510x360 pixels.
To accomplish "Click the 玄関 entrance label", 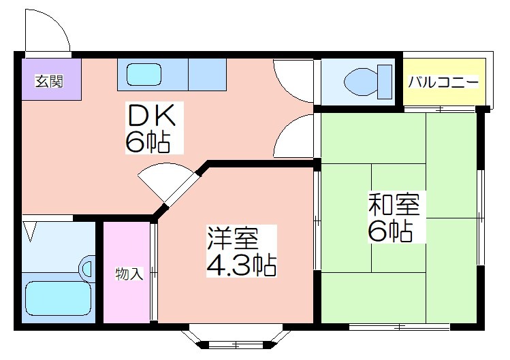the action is click(49, 81).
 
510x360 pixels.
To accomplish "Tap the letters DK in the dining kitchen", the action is click(152, 115).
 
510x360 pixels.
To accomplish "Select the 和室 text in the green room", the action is click(394, 204).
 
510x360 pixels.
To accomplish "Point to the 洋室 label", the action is click(233, 238).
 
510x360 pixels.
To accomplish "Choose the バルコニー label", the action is click(443, 82).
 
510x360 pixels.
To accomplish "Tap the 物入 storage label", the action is click(129, 274).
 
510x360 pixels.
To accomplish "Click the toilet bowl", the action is click(360, 82).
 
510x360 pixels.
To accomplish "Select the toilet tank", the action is click(385, 82).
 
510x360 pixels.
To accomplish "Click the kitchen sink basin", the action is click(144, 74).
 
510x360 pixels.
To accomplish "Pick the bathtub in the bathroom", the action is click(59, 298).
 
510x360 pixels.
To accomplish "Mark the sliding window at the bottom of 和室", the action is click(400, 327).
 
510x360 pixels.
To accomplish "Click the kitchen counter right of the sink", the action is click(208, 74).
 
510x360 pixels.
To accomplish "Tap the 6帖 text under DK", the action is click(148, 142).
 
